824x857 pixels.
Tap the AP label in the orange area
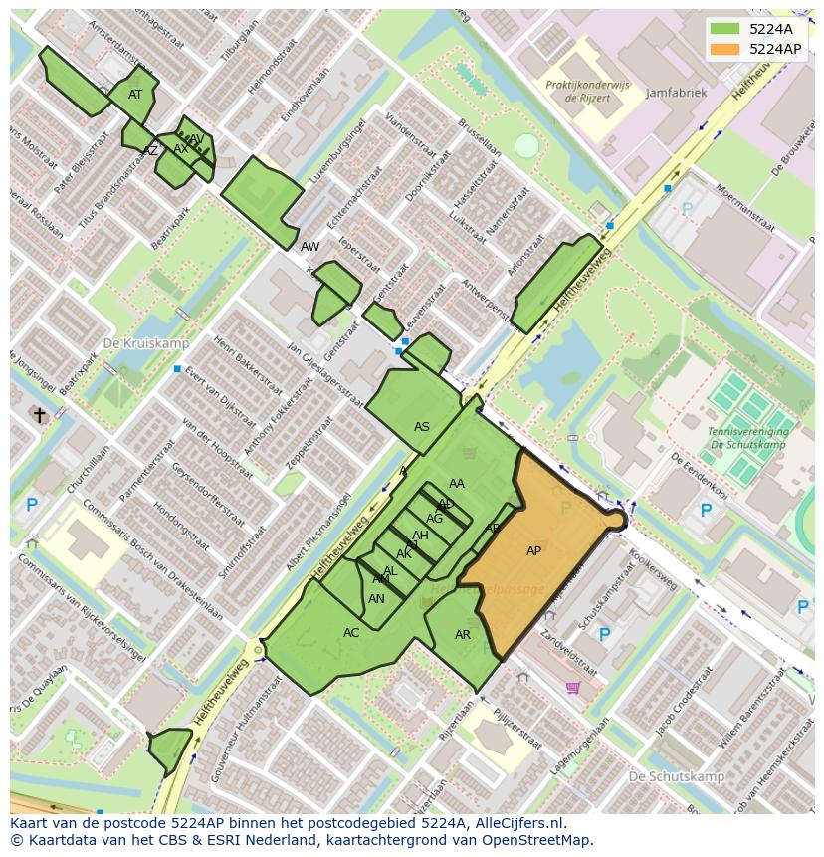tap(533, 551)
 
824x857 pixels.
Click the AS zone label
tap(422, 427)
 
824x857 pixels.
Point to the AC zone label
tap(351, 633)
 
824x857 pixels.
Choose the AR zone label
tap(463, 635)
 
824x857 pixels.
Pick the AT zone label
tap(135, 95)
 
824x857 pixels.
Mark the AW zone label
tap(310, 246)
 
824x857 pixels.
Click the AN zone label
tap(376, 599)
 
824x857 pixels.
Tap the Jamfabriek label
tap(676, 93)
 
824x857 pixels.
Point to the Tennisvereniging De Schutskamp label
tap(748, 438)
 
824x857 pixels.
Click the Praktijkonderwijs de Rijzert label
tap(587, 92)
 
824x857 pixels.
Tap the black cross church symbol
tap(40, 415)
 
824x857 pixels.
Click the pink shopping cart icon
tap(572, 687)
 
